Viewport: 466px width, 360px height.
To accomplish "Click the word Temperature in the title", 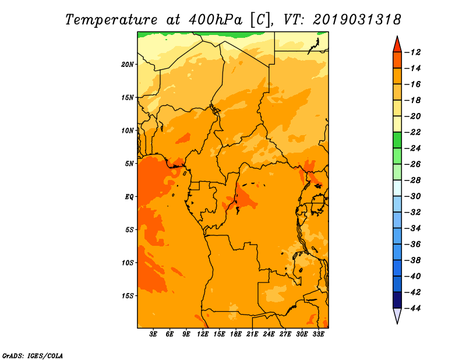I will [110, 19].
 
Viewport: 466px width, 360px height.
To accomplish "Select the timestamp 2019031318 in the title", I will [356, 19].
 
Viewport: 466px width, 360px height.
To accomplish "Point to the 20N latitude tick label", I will [128, 64].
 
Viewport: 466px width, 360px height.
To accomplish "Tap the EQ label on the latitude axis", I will [129, 197].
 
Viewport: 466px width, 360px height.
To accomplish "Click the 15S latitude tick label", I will [128, 296].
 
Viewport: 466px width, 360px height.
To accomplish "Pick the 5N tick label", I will [129, 164].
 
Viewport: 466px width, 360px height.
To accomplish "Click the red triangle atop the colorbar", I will [397, 44].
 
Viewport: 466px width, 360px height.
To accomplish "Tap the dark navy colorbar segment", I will [397, 299].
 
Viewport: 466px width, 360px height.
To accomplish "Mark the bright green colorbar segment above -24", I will [397, 140].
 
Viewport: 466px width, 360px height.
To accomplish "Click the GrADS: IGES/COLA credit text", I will [32, 355].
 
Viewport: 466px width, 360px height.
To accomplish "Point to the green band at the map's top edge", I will [233, 34].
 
